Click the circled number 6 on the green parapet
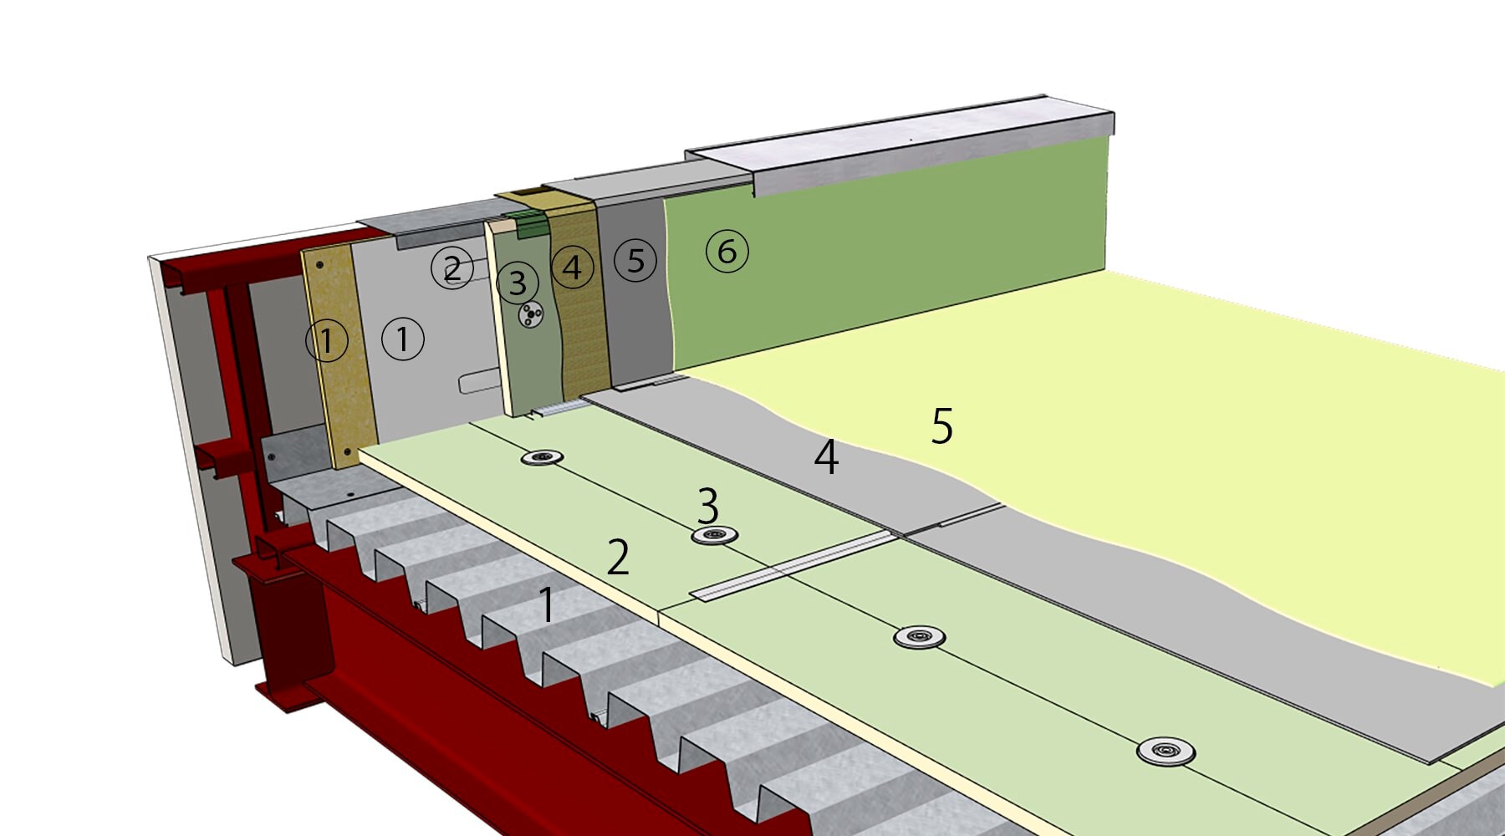[727, 251]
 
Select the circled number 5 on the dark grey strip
[635, 260]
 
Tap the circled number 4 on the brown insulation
[572, 268]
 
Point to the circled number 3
[518, 283]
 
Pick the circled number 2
[452, 268]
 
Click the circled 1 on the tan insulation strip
[327, 340]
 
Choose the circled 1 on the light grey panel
[403, 339]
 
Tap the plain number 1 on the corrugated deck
[546, 604]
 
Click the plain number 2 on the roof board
[618, 558]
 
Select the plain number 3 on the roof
[707, 506]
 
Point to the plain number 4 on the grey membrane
[826, 457]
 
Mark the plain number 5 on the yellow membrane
[942, 426]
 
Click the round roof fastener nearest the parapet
[542, 457]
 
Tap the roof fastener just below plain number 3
[714, 535]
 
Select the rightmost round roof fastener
[1166, 751]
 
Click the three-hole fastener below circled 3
[531, 315]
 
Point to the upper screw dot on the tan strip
[319, 265]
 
